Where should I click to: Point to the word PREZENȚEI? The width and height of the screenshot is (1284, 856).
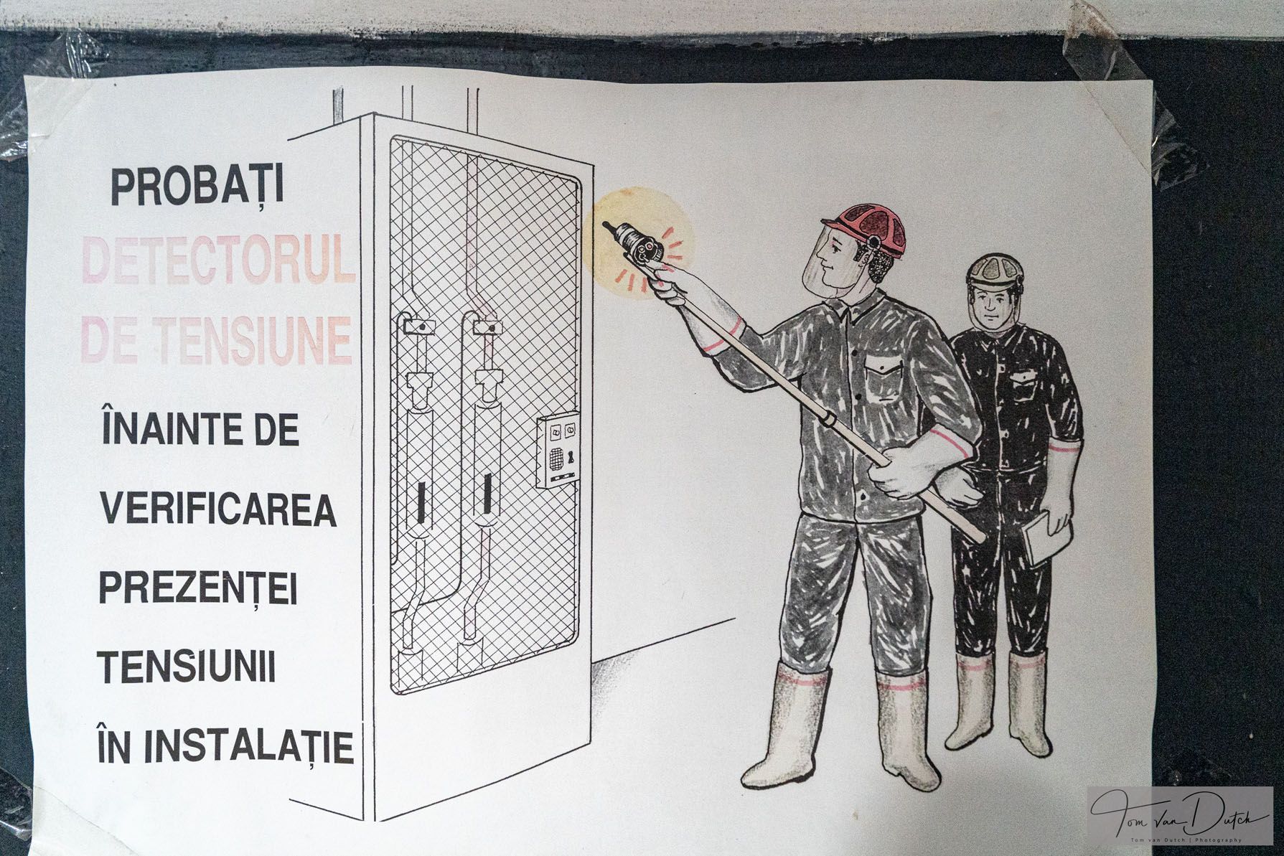(198, 591)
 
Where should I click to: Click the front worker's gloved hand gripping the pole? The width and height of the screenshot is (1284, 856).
(894, 474)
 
